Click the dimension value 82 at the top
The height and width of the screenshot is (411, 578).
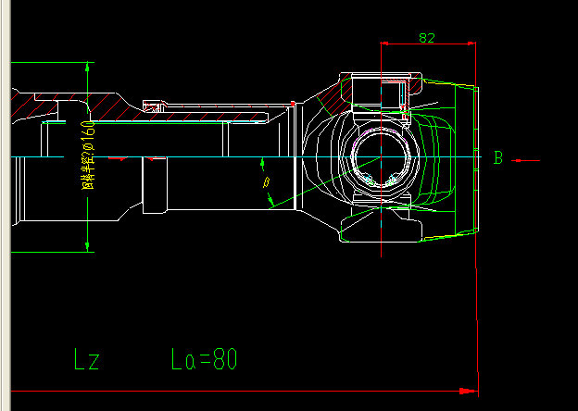427,38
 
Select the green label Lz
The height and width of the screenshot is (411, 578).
87,358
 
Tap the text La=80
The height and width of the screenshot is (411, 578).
205,358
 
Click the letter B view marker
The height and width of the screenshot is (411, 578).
497,158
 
